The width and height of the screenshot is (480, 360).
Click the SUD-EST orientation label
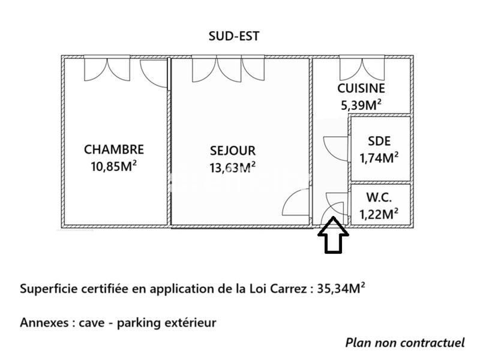point(233,36)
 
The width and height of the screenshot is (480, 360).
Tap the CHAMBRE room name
point(114,149)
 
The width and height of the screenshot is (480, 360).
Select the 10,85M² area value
point(114,165)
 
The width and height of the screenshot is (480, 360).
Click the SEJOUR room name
point(233,151)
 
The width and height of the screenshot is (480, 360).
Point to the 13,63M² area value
point(233,167)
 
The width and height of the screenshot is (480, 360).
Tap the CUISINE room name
point(361,88)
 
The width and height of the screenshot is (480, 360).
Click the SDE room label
point(379,142)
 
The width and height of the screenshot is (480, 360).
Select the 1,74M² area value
point(379,158)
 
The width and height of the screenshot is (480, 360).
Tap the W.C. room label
point(379,196)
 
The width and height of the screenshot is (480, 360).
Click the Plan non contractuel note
point(405,343)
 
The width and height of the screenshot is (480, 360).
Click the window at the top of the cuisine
point(360,67)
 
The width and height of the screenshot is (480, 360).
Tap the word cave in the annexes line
point(91,323)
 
